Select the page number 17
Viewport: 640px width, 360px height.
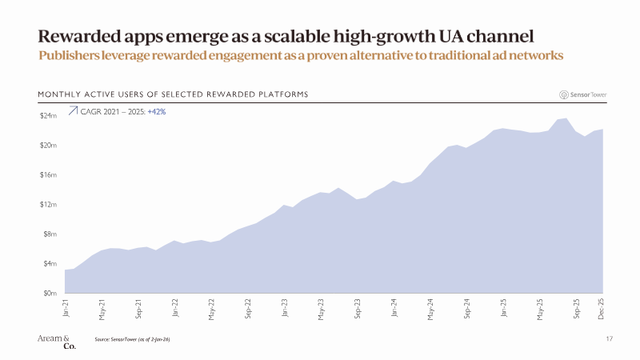click(x=610, y=340)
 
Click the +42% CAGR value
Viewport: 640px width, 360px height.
click(x=157, y=111)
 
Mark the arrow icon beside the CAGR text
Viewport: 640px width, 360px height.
click(x=72, y=111)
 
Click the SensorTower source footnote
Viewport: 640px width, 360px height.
click(x=132, y=340)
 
